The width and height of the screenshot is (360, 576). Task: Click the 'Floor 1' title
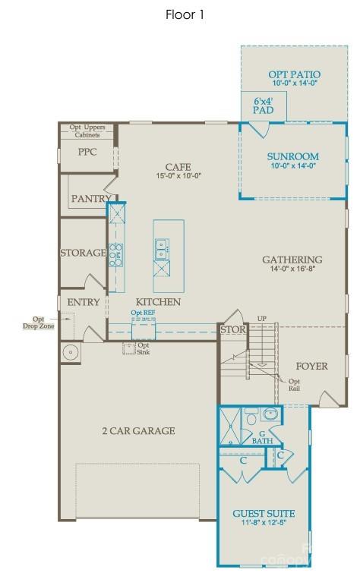click(x=185, y=14)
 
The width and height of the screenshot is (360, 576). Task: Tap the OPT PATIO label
click(x=294, y=74)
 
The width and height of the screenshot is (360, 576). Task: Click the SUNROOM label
click(x=292, y=156)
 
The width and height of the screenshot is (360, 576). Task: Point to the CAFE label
click(x=178, y=167)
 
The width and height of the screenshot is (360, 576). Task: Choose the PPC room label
click(x=88, y=152)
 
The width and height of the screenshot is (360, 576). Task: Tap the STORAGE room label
click(x=83, y=253)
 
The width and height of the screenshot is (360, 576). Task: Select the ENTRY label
click(x=84, y=302)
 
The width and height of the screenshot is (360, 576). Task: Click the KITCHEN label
click(x=158, y=302)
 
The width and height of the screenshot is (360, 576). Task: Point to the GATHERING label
click(x=292, y=259)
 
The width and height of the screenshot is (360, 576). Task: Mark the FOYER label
click(x=311, y=367)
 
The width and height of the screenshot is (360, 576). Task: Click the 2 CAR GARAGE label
click(x=139, y=431)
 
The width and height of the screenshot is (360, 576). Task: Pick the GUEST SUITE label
click(x=264, y=514)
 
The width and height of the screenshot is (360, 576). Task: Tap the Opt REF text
click(x=143, y=313)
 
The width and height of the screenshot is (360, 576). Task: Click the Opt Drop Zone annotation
click(x=38, y=323)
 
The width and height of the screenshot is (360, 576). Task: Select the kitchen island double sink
click(x=162, y=244)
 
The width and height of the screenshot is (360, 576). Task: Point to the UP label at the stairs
click(x=262, y=318)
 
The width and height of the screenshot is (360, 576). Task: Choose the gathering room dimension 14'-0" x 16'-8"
click(x=292, y=269)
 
